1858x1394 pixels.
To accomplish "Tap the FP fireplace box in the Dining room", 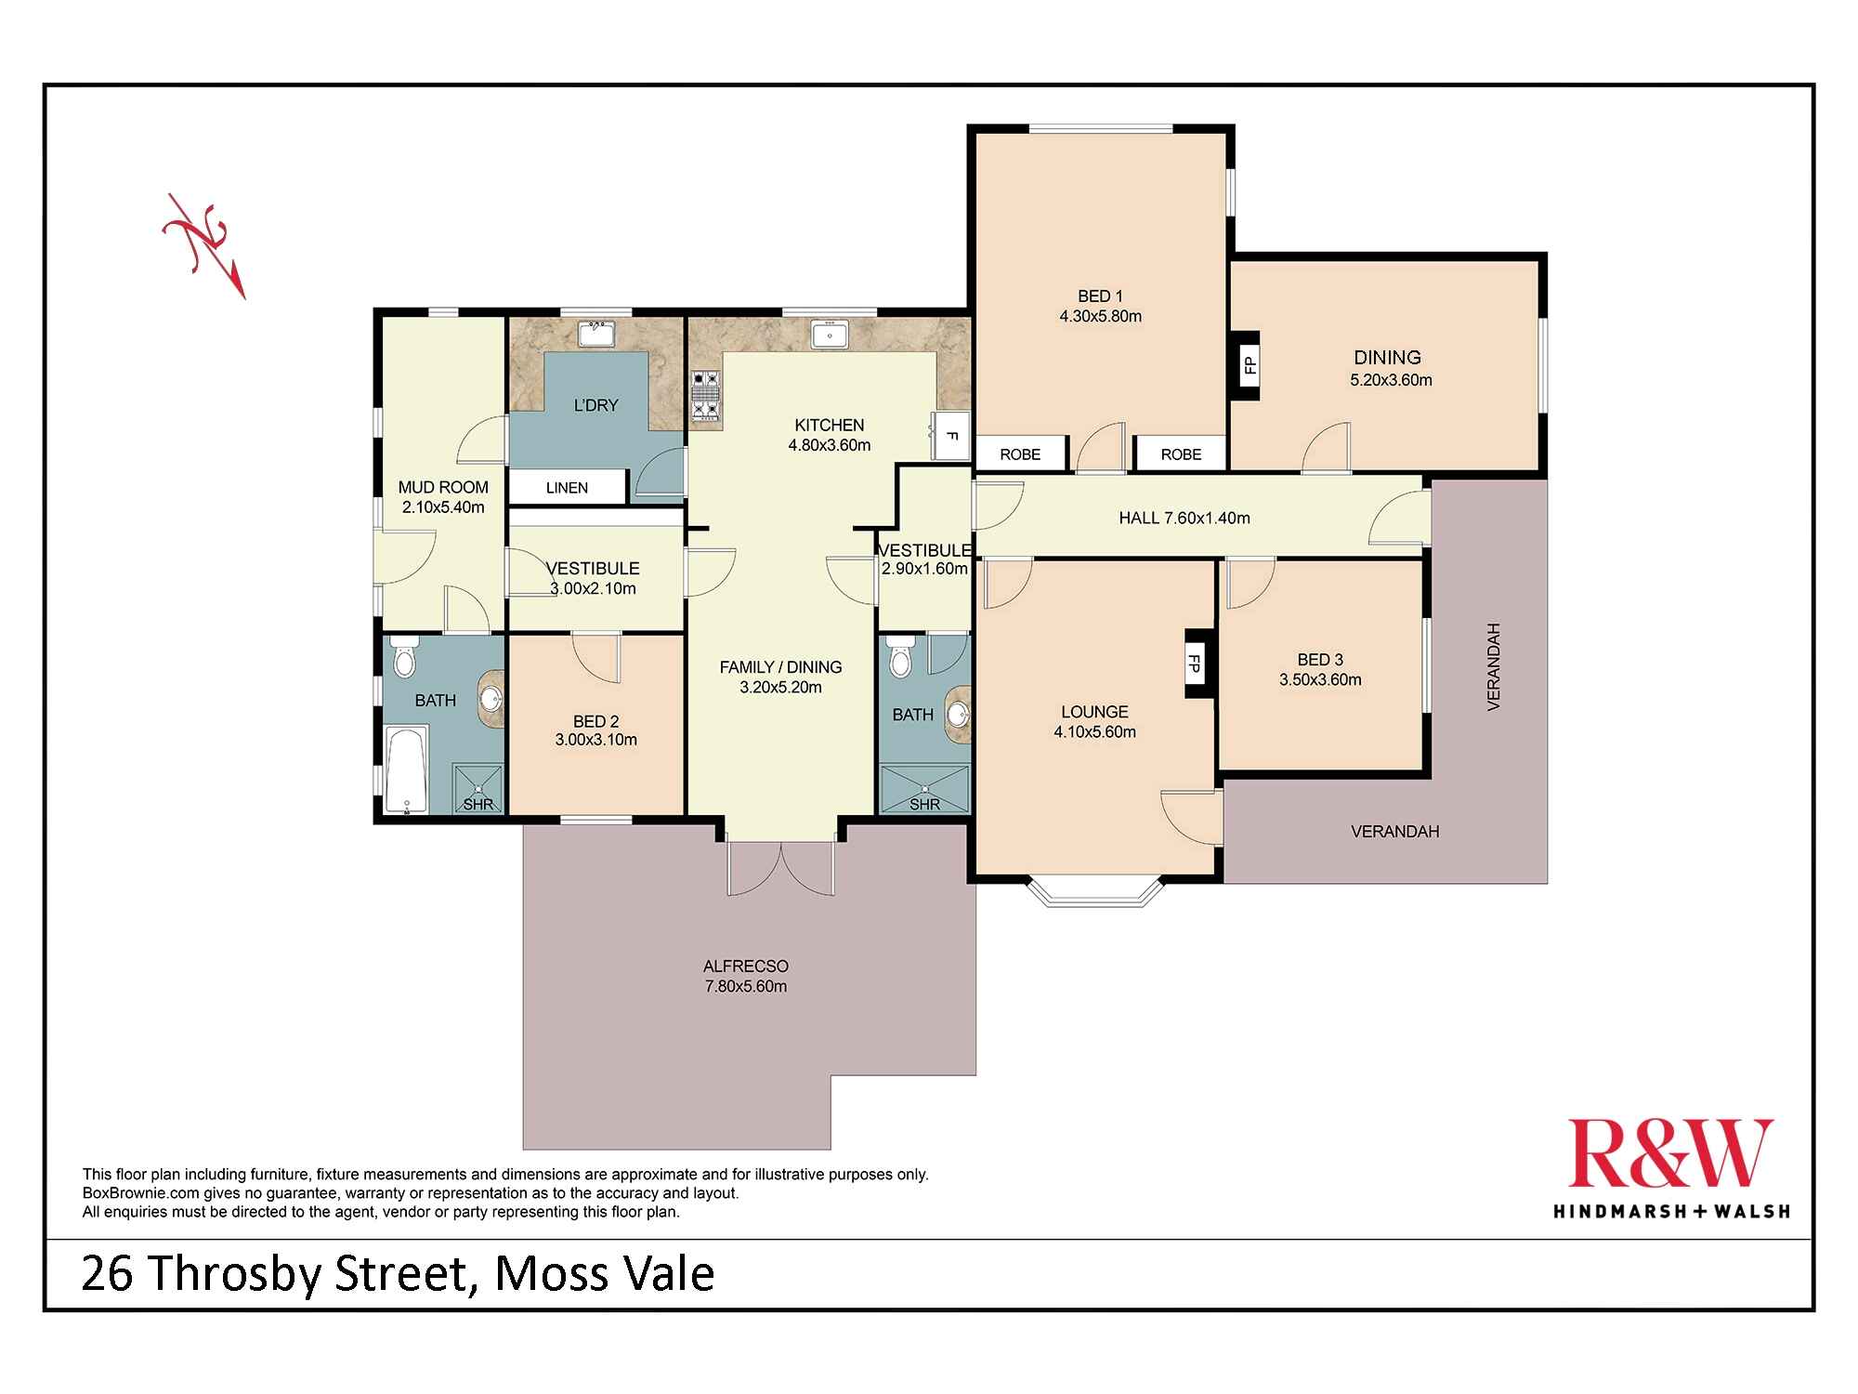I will (1247, 365).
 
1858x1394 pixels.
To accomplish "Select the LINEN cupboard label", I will (567, 488).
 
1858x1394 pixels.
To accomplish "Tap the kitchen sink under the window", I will (828, 334).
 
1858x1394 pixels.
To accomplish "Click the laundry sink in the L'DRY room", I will (594, 334).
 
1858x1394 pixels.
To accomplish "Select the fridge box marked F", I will (951, 436).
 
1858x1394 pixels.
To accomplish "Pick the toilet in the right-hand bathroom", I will (899, 659).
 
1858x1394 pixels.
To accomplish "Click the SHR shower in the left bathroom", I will (478, 789).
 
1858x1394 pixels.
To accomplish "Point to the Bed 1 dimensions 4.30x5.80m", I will (1100, 317).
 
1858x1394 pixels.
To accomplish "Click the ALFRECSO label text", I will (745, 967).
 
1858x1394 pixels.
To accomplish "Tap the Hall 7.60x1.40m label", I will (1184, 519).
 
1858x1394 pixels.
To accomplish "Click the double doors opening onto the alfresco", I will (781, 869).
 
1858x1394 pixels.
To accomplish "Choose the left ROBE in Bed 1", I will (1020, 454).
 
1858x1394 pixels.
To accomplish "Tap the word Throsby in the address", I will (238, 1274).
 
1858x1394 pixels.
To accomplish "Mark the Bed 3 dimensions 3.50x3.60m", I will (1320, 680).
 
